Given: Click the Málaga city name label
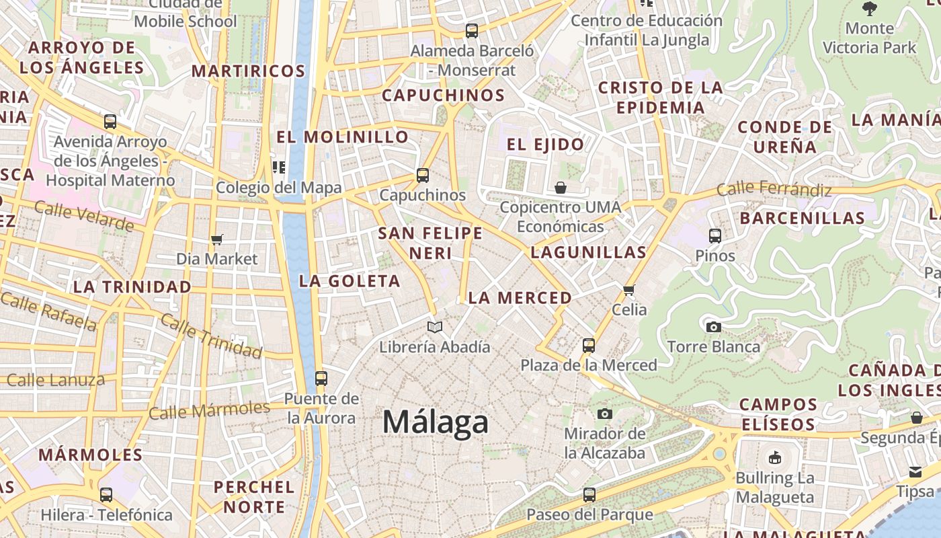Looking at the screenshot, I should click(435, 422).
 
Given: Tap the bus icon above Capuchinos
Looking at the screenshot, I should click(423, 176).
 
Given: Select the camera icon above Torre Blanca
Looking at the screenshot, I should click(714, 328).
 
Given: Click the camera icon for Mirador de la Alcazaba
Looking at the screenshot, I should click(605, 414).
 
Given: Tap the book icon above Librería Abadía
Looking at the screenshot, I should click(435, 328).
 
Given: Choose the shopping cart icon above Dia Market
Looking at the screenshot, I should click(216, 239).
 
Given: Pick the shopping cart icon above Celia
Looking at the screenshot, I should click(629, 290).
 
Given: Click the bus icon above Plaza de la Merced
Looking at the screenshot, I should click(589, 346).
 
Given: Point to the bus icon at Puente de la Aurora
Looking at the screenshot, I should click(321, 379).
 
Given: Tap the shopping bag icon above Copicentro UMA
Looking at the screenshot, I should click(561, 188).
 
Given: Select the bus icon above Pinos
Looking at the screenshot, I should click(715, 236).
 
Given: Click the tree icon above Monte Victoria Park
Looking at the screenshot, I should click(870, 9).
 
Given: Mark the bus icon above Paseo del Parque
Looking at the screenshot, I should click(589, 495).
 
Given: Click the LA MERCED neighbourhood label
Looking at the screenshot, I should click(520, 298).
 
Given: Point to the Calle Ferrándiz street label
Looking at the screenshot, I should click(774, 190).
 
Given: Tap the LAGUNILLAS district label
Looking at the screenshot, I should click(588, 253).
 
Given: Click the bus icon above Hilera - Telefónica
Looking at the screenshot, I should click(106, 495).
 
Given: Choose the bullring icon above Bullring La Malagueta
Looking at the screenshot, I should click(775, 458).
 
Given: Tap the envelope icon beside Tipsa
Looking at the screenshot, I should click(915, 471).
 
